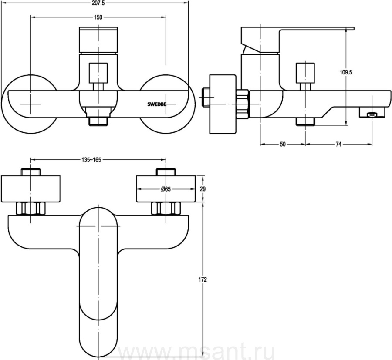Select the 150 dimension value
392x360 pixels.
(98, 17)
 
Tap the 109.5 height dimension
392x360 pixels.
(346, 72)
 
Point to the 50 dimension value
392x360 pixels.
(283, 144)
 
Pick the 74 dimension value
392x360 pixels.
(338, 144)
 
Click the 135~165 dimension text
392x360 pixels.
(91, 160)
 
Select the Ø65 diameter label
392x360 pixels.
(166, 189)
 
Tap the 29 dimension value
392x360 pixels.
(203, 189)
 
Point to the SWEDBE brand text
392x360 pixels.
(156, 104)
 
